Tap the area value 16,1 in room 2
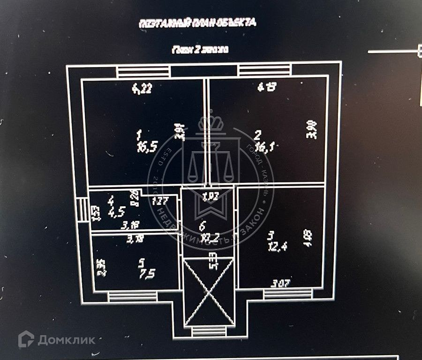coord(264,149)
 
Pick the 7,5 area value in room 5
coord(136,274)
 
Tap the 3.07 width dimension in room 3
coord(280,283)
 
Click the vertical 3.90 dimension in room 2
coord(313,130)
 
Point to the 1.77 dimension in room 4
coord(160,202)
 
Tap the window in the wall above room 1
coord(143,72)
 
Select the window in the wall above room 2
coord(265,71)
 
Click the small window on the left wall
coord(83,210)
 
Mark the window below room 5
coord(132,297)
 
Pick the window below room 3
coord(287,294)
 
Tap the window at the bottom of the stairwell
coord(209,331)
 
